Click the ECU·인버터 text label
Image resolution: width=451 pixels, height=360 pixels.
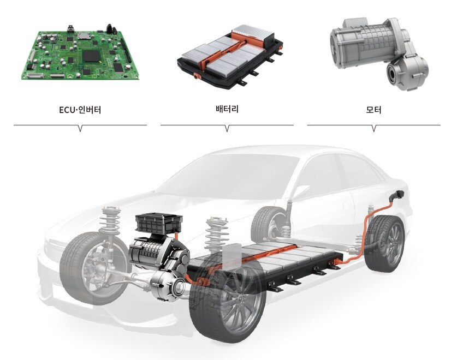point(80,110)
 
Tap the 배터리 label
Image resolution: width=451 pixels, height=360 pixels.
point(227,109)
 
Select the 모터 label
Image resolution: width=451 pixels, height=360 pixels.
point(373,110)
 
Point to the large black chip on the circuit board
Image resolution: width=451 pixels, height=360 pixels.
point(92,56)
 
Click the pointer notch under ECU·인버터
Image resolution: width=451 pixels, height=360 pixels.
point(80,128)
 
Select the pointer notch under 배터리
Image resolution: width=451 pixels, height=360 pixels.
point(227,128)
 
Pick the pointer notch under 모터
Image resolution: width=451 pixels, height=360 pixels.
point(374,128)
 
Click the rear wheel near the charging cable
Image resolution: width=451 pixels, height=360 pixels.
point(385,244)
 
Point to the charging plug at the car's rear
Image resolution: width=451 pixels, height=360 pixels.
point(397,195)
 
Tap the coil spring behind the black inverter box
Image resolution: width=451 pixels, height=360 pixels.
point(217,233)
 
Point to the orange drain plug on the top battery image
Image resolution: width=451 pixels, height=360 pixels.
point(197,77)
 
